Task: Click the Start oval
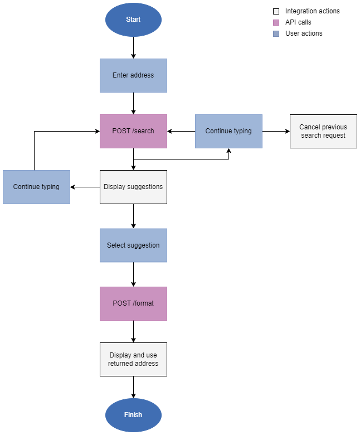[x=133, y=20]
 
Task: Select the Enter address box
[x=133, y=75]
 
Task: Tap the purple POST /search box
[x=133, y=131]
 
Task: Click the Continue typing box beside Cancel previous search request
[x=228, y=131]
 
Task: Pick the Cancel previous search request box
[x=323, y=131]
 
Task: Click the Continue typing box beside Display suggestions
[x=36, y=187]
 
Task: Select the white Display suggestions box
[x=133, y=187]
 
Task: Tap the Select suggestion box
[x=133, y=245]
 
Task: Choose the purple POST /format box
[x=133, y=303]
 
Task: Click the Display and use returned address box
[x=133, y=359]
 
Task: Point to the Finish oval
[x=133, y=415]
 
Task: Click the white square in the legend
[x=276, y=11]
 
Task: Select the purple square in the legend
[x=276, y=22]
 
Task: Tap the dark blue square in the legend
[x=276, y=33]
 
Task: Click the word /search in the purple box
[x=143, y=131]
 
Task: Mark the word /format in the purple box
[x=143, y=303]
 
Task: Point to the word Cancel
[x=310, y=127]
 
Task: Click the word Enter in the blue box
[x=121, y=75]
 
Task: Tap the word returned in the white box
[x=119, y=364]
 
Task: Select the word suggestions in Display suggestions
[x=145, y=187]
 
